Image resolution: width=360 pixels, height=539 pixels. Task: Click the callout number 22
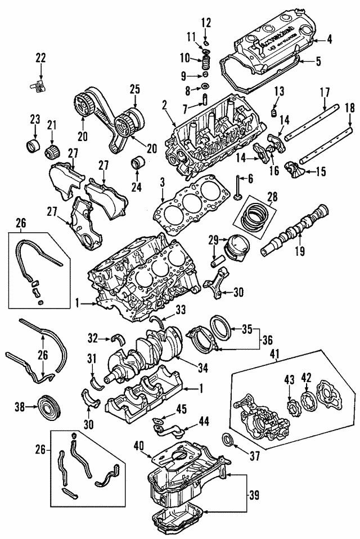(x=40, y=57)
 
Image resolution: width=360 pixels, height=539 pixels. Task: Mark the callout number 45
(x=182, y=409)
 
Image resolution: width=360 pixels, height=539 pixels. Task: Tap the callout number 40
(x=139, y=446)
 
